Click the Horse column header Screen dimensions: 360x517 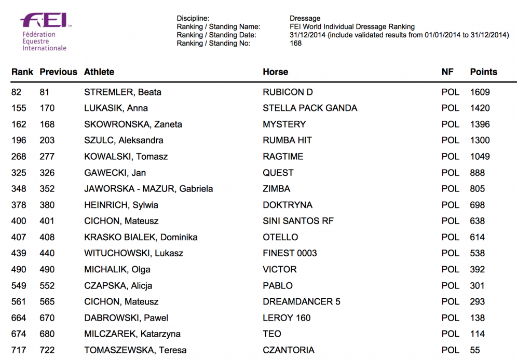tap(275, 72)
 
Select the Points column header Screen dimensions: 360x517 tap(483, 72)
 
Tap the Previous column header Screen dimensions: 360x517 tap(58, 72)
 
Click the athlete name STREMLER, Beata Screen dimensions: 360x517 tap(123, 92)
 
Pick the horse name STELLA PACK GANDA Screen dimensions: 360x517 tap(310, 108)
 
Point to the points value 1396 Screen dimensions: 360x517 tap(480, 124)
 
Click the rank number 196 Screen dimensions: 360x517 tap(19, 141)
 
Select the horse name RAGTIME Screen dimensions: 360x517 tap(283, 157)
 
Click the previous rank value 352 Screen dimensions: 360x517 tap(47, 189)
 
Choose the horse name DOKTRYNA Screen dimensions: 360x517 tap(288, 205)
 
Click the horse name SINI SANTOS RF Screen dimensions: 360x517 tap(298, 221)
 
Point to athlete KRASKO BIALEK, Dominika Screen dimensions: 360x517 tap(141, 237)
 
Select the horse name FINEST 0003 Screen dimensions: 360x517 tap(290, 253)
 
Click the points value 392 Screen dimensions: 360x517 tap(477, 269)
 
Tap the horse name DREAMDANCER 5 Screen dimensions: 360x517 tap(302, 301)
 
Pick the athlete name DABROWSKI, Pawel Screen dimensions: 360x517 tap(126, 317)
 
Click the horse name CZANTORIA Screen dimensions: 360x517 tap(288, 350)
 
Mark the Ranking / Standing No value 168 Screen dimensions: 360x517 tap(295, 43)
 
